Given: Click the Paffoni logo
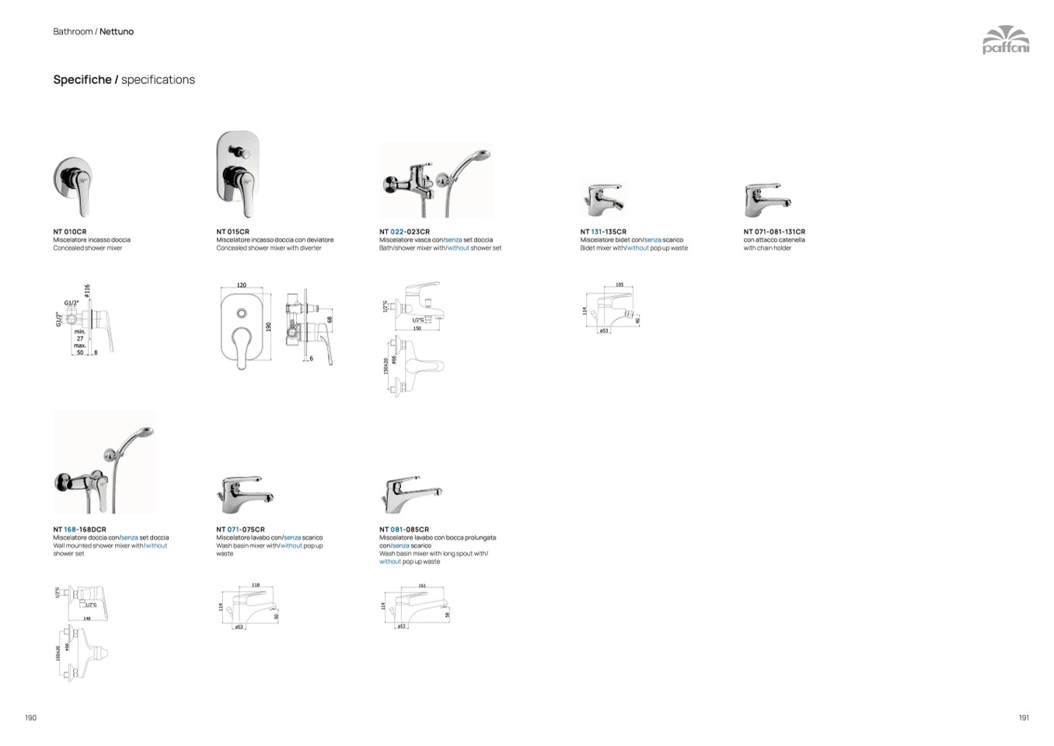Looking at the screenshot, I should (x=1005, y=40).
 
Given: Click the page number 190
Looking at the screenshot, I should (x=31, y=717).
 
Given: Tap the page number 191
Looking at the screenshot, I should (x=1024, y=717).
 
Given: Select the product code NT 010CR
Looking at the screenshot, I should (x=70, y=232).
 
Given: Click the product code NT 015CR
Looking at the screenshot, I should (x=233, y=232).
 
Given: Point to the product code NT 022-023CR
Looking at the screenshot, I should (x=404, y=232).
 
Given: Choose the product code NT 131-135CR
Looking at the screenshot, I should (x=603, y=232).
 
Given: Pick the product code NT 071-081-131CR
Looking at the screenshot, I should (x=774, y=232).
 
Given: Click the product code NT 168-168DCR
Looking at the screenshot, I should (x=79, y=530).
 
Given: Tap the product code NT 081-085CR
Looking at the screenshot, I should (x=404, y=530).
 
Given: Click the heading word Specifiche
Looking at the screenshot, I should (x=82, y=79).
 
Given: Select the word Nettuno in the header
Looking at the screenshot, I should (x=117, y=32).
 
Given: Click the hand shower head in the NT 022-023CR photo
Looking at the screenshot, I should (x=483, y=154).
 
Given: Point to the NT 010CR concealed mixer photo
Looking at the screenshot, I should (x=73, y=185).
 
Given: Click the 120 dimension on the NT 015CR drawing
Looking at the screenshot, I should (x=242, y=285).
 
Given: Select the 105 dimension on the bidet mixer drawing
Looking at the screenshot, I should (x=619, y=285).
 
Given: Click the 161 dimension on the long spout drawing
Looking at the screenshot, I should (x=422, y=586).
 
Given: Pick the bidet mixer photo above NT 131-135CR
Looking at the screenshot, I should (x=602, y=199).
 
